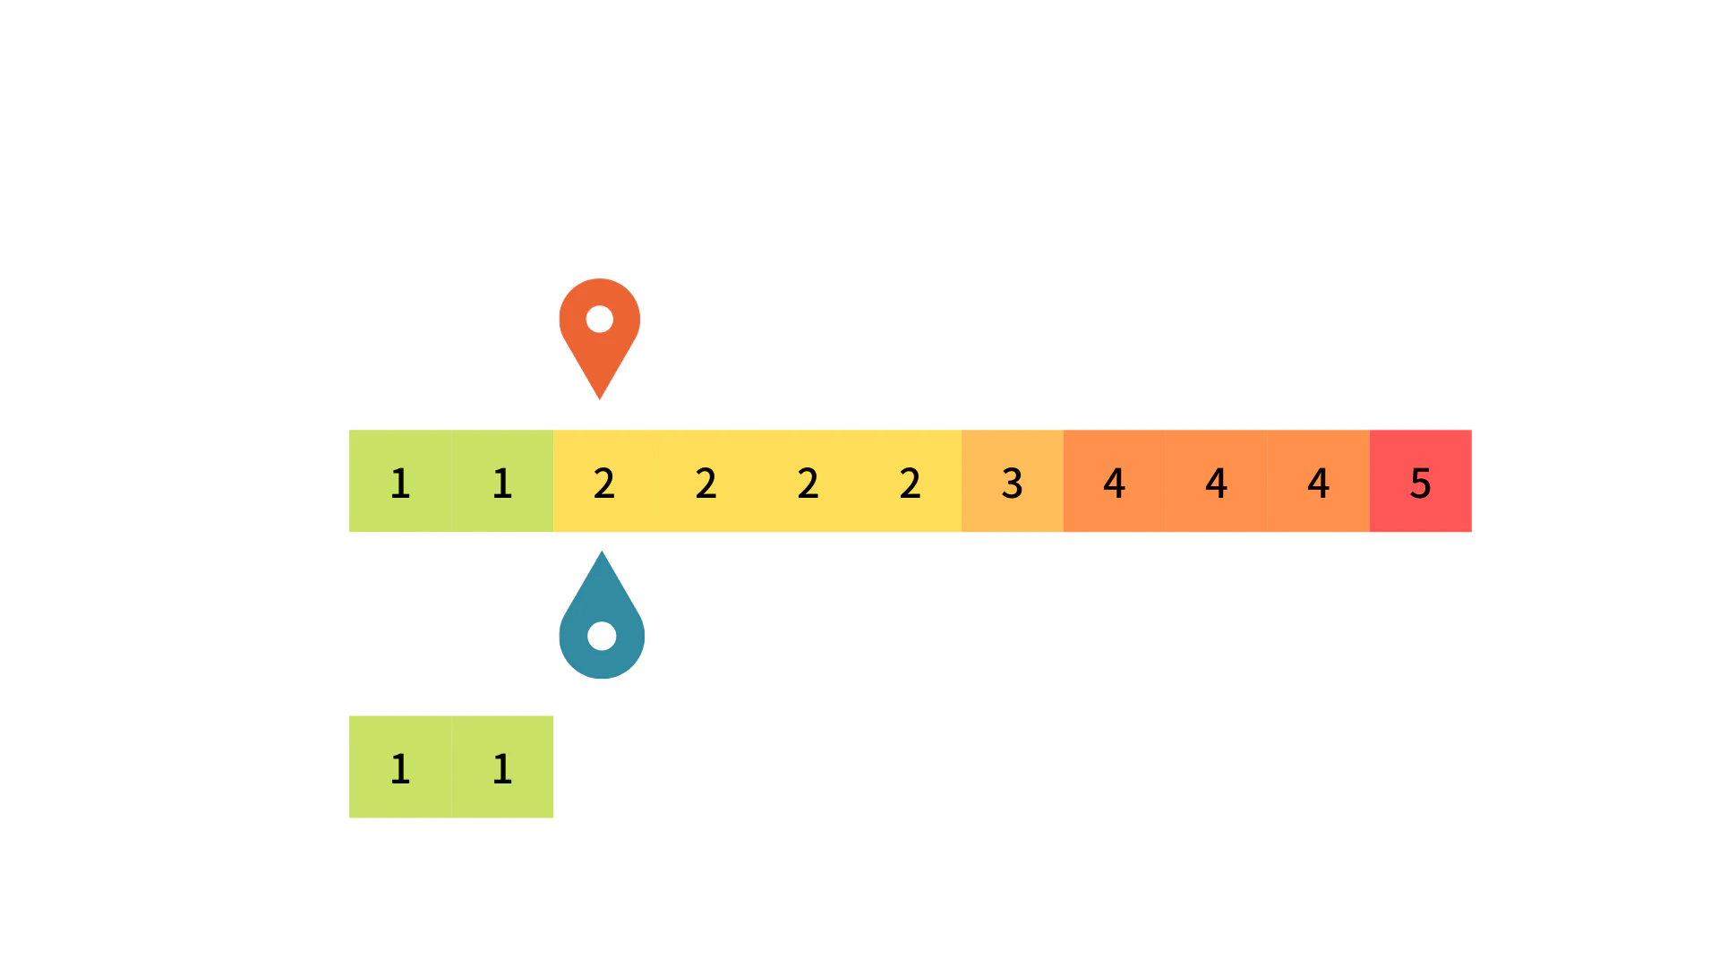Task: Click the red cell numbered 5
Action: (x=1421, y=481)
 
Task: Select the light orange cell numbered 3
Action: (x=1013, y=481)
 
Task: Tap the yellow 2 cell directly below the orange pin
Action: (x=604, y=481)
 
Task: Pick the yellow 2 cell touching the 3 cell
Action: (x=911, y=481)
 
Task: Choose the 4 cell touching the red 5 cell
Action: (x=1319, y=481)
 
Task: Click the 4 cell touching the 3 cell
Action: (x=1115, y=481)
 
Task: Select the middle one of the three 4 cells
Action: (x=1217, y=481)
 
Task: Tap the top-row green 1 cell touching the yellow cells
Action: (x=502, y=481)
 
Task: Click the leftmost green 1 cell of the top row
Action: (x=400, y=481)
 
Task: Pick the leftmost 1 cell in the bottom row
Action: (x=400, y=766)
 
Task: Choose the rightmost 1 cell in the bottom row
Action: (x=502, y=766)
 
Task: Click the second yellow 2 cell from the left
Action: (x=706, y=481)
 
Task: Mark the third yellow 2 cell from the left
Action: (x=808, y=481)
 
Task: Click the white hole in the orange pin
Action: (x=600, y=319)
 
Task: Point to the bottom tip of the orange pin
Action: (x=600, y=399)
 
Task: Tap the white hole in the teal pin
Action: (x=602, y=636)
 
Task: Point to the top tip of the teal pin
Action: (x=602, y=551)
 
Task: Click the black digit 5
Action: (x=1421, y=483)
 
